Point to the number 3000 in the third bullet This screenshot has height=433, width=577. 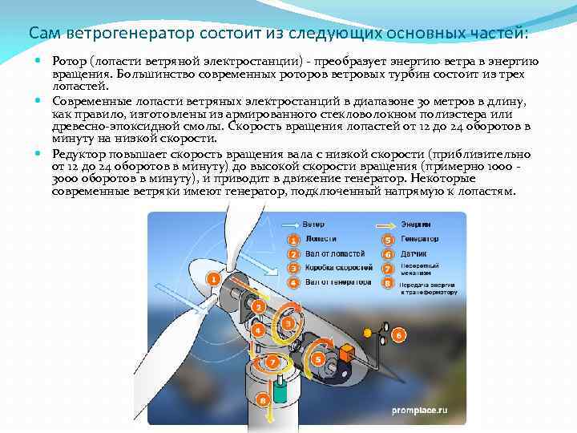(x=67, y=182)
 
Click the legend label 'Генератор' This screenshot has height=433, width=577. (x=421, y=239)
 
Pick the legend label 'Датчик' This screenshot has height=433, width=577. (x=416, y=253)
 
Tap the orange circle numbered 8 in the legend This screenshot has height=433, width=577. (x=388, y=283)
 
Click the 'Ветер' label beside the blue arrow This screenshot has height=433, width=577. (x=313, y=224)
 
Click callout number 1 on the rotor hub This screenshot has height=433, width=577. (x=213, y=278)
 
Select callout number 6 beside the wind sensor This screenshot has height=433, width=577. (x=397, y=334)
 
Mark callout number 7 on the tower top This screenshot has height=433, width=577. (x=273, y=362)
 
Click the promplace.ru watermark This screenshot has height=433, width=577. (x=419, y=410)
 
